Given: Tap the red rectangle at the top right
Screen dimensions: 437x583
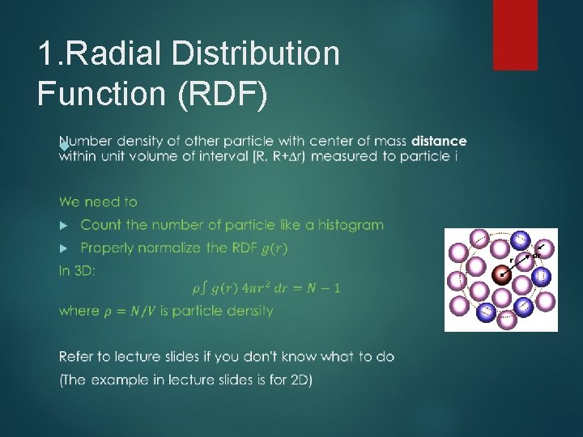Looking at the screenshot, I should click(515, 34).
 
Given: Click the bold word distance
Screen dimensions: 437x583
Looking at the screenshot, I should click(439, 141).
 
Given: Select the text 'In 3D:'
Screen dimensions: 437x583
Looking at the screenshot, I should click(77, 271).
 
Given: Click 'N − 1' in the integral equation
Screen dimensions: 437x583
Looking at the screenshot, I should click(324, 288).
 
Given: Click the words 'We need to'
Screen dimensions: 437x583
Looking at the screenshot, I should click(98, 202).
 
